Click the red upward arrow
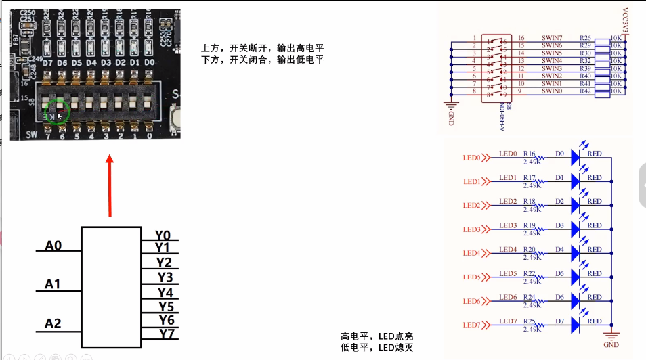[x=110, y=185]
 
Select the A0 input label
[x=53, y=246]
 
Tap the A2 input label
[x=53, y=323]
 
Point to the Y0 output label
[x=163, y=235]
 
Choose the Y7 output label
[x=167, y=333]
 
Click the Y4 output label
[x=166, y=292]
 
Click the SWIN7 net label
[x=552, y=38]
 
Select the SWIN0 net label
[x=552, y=91]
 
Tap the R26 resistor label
[x=586, y=38]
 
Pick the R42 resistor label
[x=586, y=91]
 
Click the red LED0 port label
[x=471, y=158]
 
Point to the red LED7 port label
[x=471, y=325]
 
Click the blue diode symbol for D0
[x=576, y=158]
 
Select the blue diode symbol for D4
[x=576, y=253]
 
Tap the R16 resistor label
[x=529, y=154]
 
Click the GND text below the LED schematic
[x=611, y=344]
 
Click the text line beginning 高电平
[x=376, y=336]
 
